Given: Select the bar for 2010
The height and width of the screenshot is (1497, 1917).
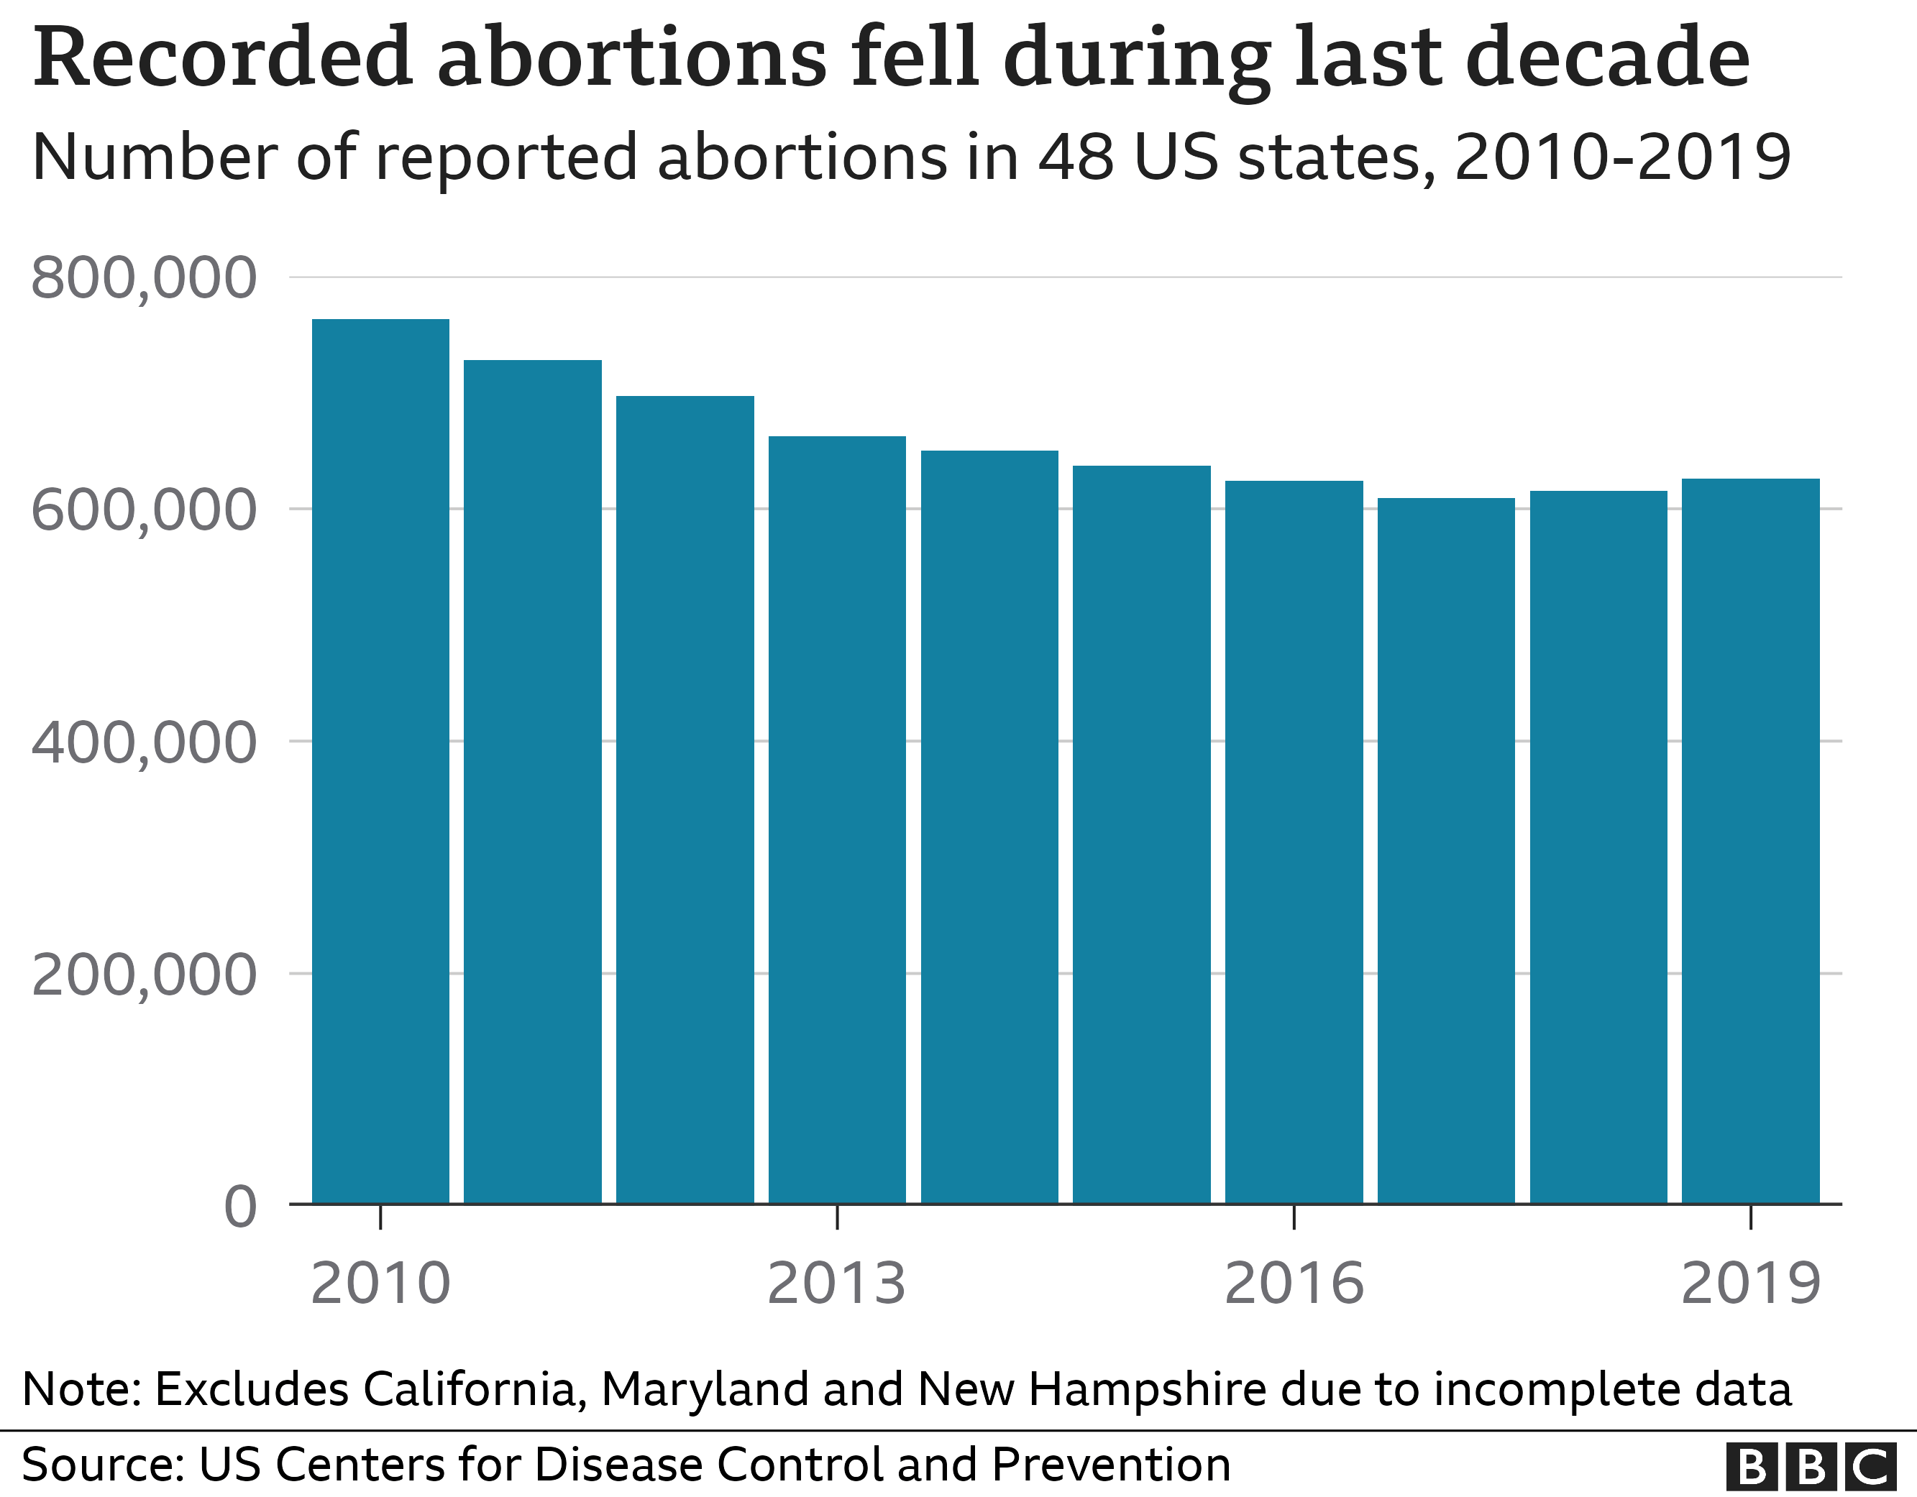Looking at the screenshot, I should (380, 762).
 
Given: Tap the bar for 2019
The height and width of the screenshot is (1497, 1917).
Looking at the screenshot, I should (1750, 842).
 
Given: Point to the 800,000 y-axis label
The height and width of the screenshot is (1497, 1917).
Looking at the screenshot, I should (144, 278).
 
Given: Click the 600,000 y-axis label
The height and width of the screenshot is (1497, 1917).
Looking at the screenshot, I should (144, 511).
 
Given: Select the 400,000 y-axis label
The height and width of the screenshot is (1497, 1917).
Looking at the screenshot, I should (144, 742).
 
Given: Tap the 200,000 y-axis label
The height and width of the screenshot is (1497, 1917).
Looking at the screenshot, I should (144, 975).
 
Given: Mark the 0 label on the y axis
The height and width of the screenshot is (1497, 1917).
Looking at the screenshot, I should (240, 1207).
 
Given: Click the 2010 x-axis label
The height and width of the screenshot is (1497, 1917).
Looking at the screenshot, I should (380, 1284).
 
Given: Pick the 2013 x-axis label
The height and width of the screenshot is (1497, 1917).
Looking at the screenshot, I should (836, 1284).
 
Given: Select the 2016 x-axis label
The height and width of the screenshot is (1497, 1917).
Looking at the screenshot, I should (1294, 1284).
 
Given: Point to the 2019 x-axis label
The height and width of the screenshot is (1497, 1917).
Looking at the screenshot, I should (1750, 1284).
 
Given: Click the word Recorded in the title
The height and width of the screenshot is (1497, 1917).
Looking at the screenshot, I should (223, 58).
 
